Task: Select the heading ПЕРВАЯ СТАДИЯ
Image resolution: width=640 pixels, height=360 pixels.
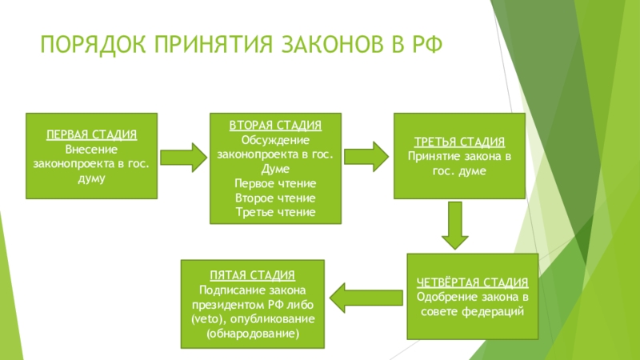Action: [90, 134]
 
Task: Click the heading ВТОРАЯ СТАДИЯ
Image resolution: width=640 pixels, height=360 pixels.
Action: [276, 126]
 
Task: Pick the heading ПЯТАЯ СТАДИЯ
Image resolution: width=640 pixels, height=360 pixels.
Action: [253, 275]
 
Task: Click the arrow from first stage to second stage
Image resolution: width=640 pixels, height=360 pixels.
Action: [185, 156]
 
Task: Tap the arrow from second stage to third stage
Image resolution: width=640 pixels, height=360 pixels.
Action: [366, 156]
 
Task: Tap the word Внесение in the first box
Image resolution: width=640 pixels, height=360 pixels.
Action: [90, 149]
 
